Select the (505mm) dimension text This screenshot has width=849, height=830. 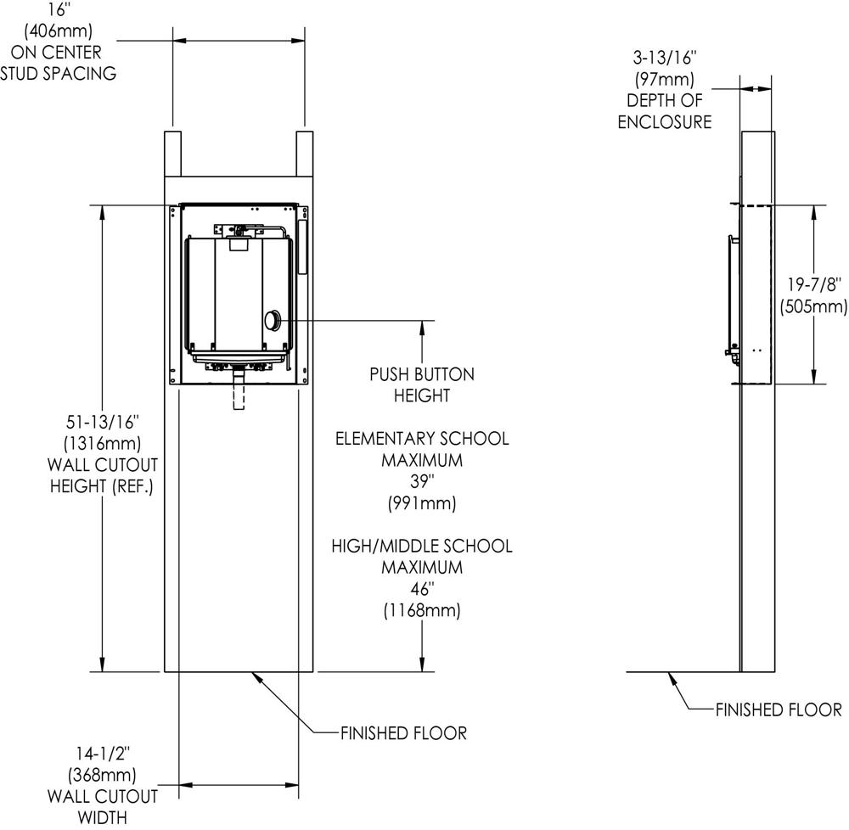click(813, 306)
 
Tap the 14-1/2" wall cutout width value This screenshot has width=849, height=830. click(102, 753)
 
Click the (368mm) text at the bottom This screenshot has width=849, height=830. click(102, 774)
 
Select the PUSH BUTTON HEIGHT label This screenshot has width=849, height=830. click(422, 384)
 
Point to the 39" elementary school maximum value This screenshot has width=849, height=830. click(422, 482)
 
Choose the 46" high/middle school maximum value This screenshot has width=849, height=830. click(422, 588)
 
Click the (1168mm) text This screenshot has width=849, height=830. click(422, 609)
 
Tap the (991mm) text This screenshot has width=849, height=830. click(422, 503)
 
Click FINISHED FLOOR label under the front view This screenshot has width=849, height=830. click(403, 733)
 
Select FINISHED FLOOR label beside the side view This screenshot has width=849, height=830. click(778, 709)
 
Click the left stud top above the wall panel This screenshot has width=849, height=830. click(171, 153)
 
